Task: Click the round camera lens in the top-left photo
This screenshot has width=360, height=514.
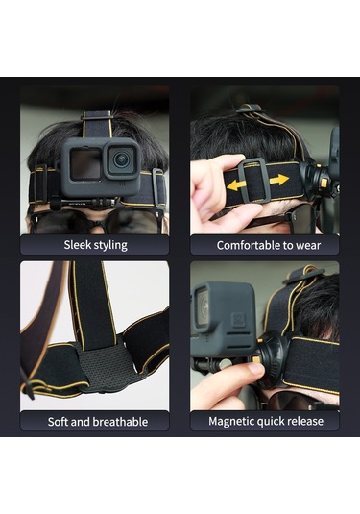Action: point(121,160)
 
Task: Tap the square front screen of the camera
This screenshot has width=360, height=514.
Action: point(85,163)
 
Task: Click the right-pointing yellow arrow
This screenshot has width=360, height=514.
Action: point(278,179)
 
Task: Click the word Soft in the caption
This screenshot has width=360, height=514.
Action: point(58,421)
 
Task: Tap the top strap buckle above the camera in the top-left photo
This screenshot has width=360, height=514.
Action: point(97,115)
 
